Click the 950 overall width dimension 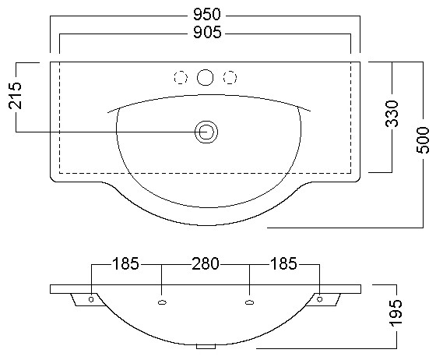[207, 14]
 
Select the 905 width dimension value [207, 32]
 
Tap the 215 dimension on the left [15, 95]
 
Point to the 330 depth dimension [392, 114]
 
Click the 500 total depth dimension [423, 139]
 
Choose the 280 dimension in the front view [206, 263]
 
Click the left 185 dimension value [125, 263]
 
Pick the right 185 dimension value [283, 263]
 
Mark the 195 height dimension [396, 312]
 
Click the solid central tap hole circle [206, 77]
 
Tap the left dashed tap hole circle [181, 77]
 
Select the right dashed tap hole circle [230, 77]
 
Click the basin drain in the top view [206, 132]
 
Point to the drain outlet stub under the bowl [206, 347]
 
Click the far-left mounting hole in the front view [91, 299]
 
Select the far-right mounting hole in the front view [320, 299]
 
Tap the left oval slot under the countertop [162, 302]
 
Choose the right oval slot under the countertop [249, 302]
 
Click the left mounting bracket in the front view [87, 300]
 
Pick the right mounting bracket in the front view [323, 300]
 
